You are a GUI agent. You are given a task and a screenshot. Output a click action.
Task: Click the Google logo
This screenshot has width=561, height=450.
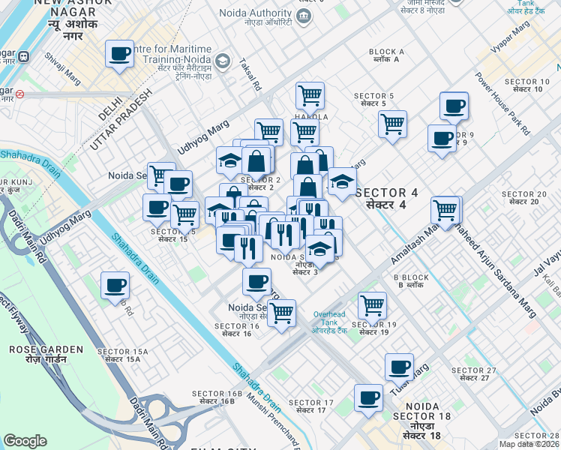pos(25,441)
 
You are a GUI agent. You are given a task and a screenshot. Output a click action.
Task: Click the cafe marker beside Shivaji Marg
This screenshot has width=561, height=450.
pos(119,55)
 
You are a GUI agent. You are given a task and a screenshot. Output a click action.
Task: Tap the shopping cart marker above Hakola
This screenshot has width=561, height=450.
pos(309,96)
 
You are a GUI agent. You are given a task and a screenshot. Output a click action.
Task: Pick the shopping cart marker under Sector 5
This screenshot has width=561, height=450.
pos(392,124)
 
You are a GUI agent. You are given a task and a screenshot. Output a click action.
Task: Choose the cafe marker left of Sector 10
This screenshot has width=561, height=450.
pos(453,106)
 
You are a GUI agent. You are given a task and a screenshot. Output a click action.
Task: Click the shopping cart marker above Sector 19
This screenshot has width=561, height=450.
pos(372,305)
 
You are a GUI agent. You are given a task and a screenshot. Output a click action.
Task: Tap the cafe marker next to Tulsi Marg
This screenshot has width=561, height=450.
pos(399,367)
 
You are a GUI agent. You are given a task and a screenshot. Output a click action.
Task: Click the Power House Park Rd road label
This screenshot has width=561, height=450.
pos(502,104)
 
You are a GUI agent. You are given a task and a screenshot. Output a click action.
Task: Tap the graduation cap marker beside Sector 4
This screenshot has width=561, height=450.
pos(341,182)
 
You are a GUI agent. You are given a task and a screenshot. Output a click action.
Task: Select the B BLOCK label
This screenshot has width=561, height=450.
pos(411,281)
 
